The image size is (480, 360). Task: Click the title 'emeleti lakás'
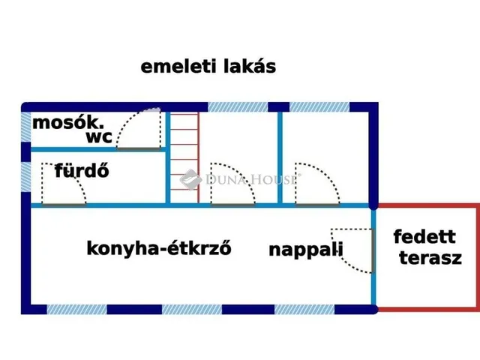pos(208,66)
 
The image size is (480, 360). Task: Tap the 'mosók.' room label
pos(67,123)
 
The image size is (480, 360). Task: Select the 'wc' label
pos(99,138)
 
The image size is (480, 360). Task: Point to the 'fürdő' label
pos(82,170)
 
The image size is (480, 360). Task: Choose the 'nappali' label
pos(306,250)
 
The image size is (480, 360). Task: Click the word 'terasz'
pos(430,259)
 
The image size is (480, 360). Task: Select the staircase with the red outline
pos(183,157)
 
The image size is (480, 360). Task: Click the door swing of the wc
pos(141,130)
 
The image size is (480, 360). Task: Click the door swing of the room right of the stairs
pos(232,185)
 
